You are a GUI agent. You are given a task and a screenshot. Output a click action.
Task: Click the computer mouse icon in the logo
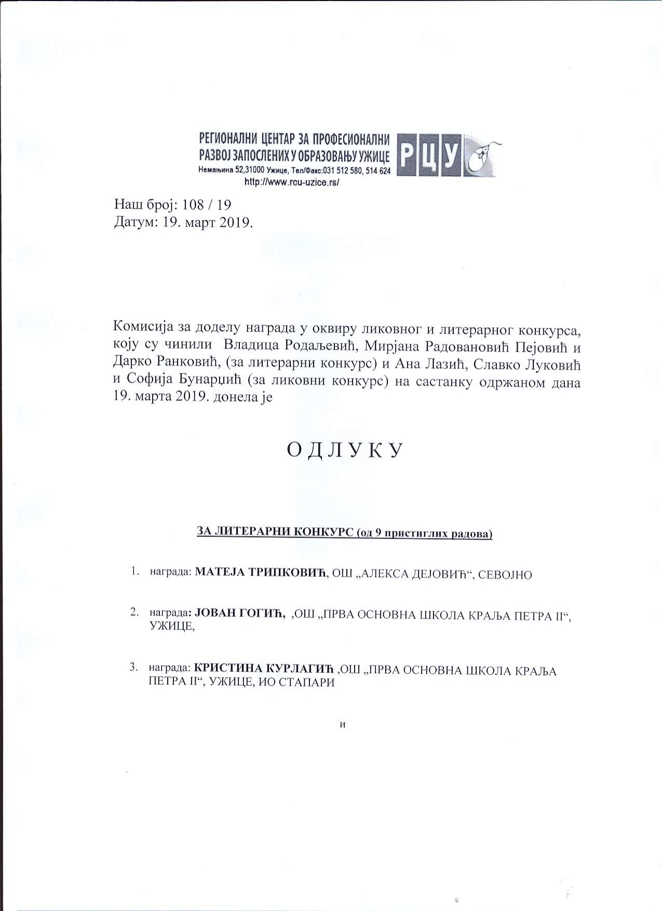point(483,157)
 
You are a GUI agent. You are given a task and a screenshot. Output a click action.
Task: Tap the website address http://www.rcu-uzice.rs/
point(291,182)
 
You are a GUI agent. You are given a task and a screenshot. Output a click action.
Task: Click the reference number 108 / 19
point(204,203)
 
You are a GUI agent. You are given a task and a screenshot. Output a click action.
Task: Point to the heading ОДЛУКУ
point(345,450)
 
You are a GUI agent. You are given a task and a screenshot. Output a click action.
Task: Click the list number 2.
point(134,613)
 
